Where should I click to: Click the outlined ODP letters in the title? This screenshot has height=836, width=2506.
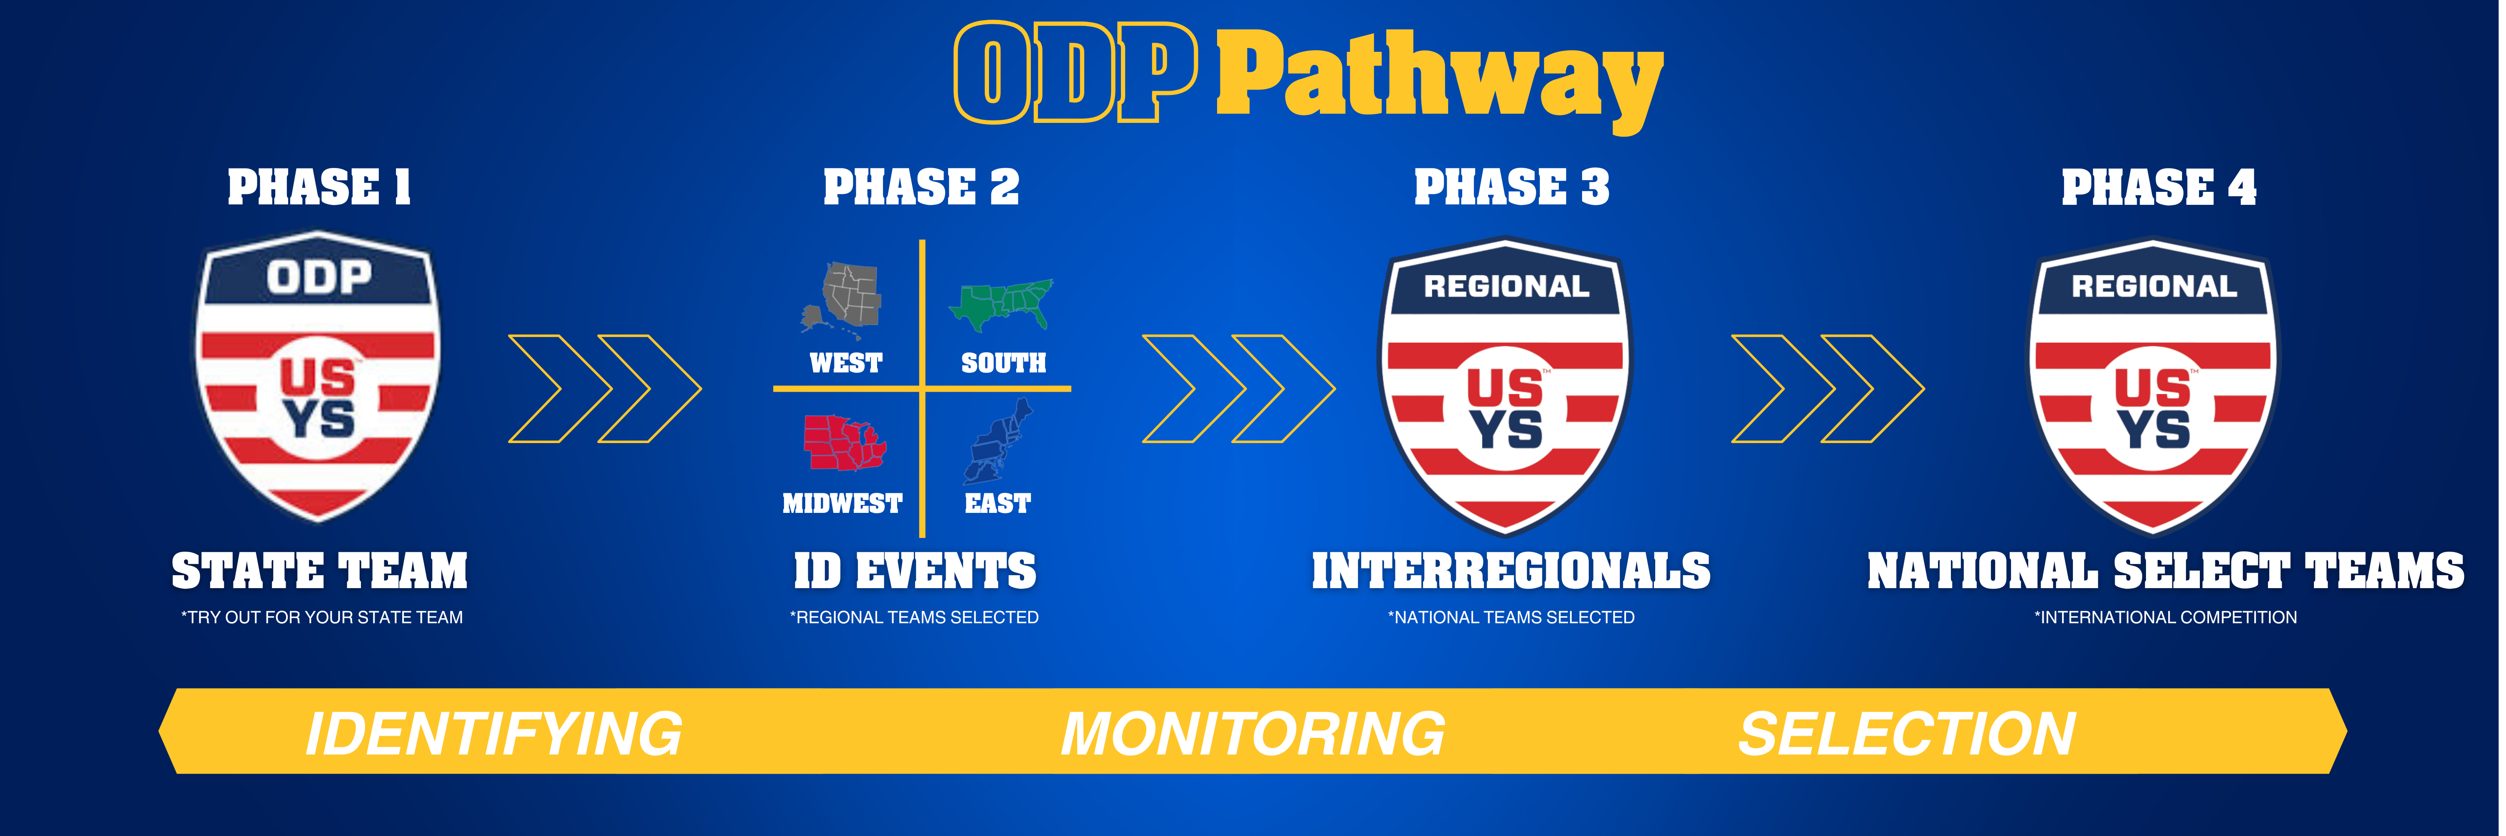(x=1075, y=73)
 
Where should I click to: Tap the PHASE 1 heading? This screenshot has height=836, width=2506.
(x=319, y=187)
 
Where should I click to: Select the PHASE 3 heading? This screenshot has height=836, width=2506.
(x=1511, y=187)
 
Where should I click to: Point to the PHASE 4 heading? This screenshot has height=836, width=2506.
(x=2158, y=187)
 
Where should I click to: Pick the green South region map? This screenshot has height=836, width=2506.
(x=1002, y=303)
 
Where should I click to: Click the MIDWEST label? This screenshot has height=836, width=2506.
(x=842, y=503)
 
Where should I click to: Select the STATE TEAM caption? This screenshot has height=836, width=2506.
(x=319, y=571)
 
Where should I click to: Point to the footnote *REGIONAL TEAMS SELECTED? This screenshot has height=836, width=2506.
(x=914, y=617)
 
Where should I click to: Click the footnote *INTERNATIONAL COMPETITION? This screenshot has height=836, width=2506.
(x=2166, y=617)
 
